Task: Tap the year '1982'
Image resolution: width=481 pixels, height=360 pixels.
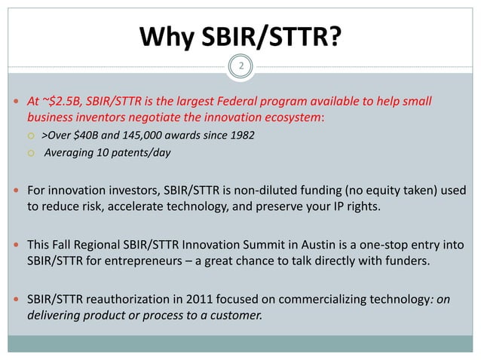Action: (x=240, y=136)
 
